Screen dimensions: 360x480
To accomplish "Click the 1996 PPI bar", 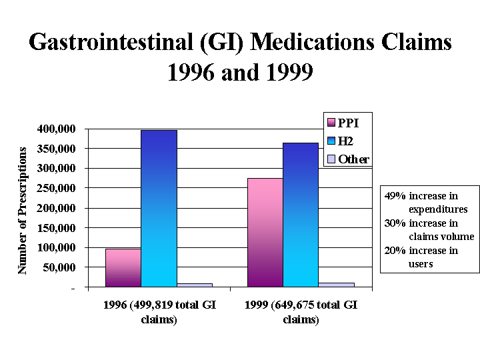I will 123,268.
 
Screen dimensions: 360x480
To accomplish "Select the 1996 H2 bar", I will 159,208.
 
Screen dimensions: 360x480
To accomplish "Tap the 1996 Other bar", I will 194,285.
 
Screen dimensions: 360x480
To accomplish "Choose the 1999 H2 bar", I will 301,215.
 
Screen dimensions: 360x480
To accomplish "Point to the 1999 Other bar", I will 336,285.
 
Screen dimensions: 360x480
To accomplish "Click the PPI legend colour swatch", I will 330,122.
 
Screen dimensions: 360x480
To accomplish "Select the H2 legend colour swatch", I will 330,141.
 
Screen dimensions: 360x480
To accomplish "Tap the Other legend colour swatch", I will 330,159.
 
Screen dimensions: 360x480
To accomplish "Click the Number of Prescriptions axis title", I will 22,210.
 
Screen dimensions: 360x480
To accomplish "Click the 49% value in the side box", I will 395,196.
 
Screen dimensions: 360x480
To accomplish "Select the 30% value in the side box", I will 395,223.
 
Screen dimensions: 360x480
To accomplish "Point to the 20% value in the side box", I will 395,251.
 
